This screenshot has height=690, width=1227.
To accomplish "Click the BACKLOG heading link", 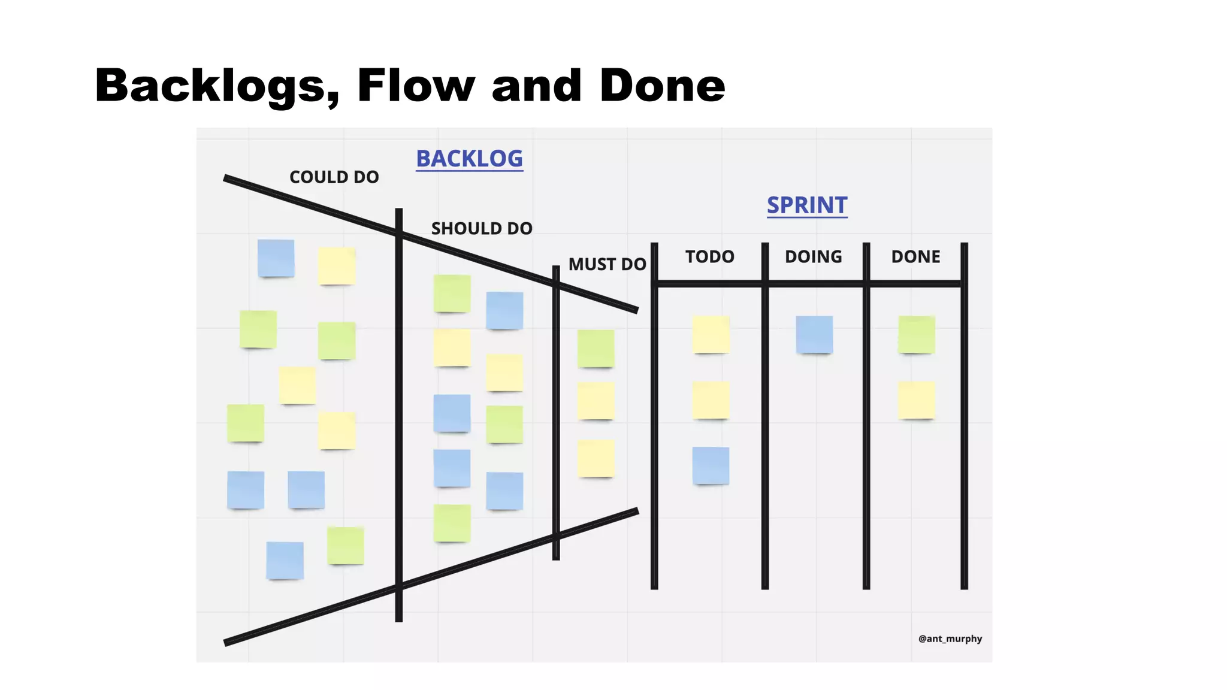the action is point(469,159).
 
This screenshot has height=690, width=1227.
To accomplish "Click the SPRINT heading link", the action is point(807,205).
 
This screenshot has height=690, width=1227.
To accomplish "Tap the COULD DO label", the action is point(334,177).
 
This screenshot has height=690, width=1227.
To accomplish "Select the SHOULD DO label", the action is point(482,228).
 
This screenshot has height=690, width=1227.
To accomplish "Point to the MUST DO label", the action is point(607,264).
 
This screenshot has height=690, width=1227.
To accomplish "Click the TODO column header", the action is point(709,256).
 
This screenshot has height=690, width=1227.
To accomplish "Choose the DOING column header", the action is point(813,256).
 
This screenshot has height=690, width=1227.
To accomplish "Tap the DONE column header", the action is point(915,256).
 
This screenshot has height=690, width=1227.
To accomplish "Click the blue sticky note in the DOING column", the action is point(814,334).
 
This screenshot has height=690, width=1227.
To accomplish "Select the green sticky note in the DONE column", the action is point(916,334).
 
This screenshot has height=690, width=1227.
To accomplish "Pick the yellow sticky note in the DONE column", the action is point(916,400).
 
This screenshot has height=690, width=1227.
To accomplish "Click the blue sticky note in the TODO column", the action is point(711,465).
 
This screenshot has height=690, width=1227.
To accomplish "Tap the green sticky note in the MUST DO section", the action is point(596,348).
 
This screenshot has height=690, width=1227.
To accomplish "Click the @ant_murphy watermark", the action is point(950,638).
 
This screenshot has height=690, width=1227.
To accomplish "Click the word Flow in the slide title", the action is point(416,85).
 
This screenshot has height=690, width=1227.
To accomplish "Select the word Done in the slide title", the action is point(662,85).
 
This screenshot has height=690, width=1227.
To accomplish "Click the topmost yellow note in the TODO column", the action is point(711,334).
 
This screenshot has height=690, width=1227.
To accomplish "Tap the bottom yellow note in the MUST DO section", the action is point(596,458).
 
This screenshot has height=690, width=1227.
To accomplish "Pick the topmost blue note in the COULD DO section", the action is point(276,258).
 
